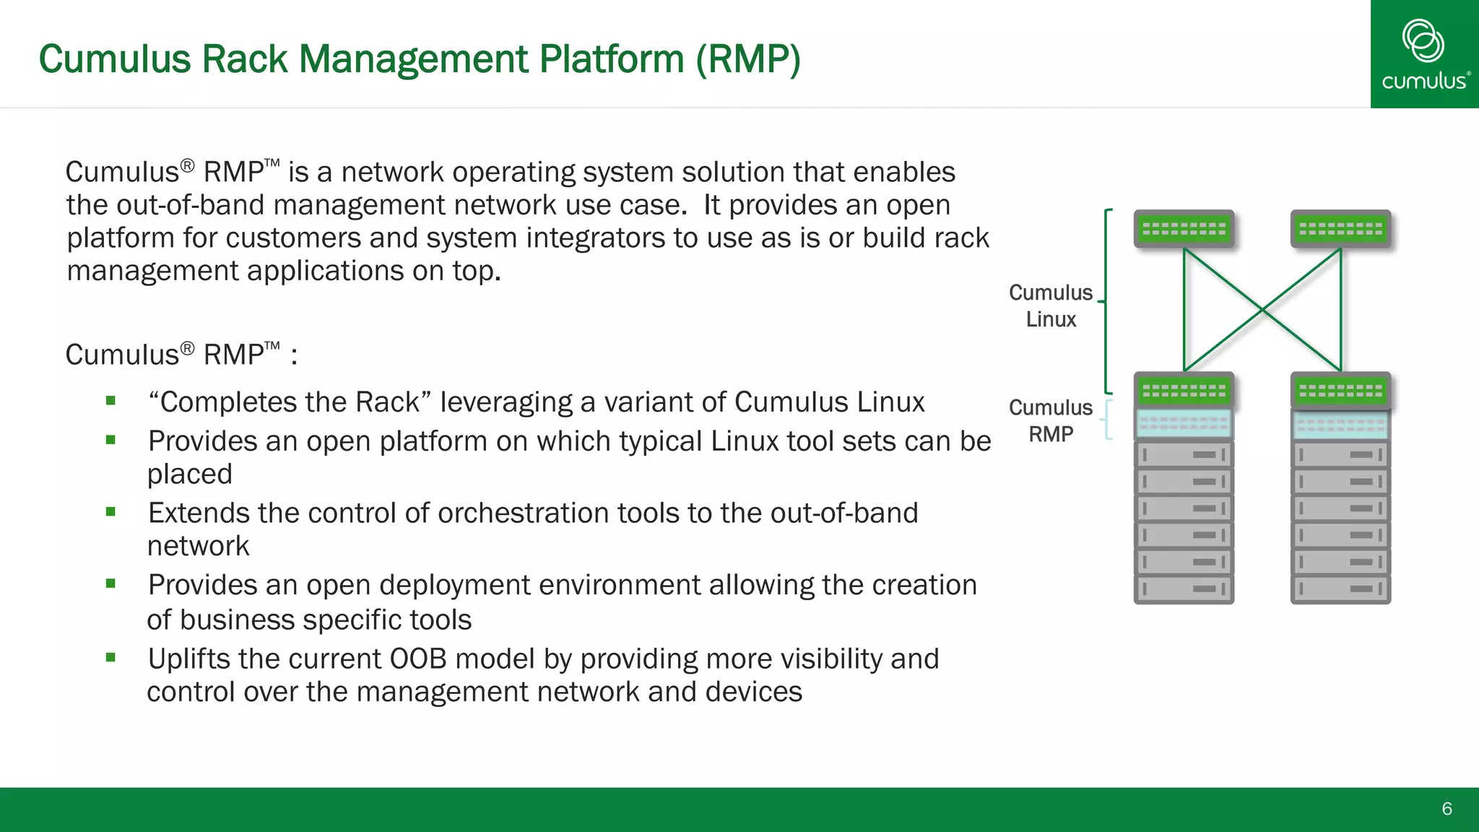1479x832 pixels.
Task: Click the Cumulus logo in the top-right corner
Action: [1424, 54]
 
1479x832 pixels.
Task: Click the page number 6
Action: [1447, 809]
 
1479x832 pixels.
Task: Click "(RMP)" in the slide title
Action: [748, 59]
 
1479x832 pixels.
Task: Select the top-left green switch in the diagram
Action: [1184, 229]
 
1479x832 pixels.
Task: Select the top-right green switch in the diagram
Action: [1340, 229]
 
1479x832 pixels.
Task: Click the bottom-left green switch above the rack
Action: [1184, 391]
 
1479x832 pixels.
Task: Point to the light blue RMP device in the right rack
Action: [1340, 425]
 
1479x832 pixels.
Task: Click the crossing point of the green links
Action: [1262, 309]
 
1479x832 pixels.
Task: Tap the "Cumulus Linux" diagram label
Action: [1051, 305]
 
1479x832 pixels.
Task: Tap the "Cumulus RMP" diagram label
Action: [1051, 420]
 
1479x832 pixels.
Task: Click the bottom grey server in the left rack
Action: [1184, 589]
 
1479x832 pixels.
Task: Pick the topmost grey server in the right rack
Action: [1340, 455]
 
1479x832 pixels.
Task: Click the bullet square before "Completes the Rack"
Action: [110, 401]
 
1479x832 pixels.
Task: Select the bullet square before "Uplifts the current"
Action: [110, 657]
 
